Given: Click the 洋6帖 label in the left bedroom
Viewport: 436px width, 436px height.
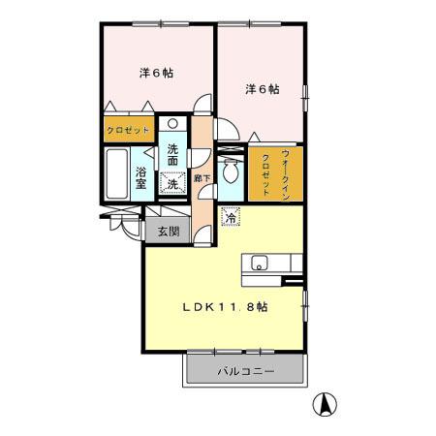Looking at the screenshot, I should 154,74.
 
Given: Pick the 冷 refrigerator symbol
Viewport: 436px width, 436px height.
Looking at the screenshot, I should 231,218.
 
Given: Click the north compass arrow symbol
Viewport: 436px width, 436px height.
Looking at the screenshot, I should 327,401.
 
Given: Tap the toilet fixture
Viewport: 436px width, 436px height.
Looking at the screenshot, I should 231,171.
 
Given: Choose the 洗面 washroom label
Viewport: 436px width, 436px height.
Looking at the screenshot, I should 172,154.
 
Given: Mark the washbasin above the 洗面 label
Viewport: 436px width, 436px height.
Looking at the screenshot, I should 172,125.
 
